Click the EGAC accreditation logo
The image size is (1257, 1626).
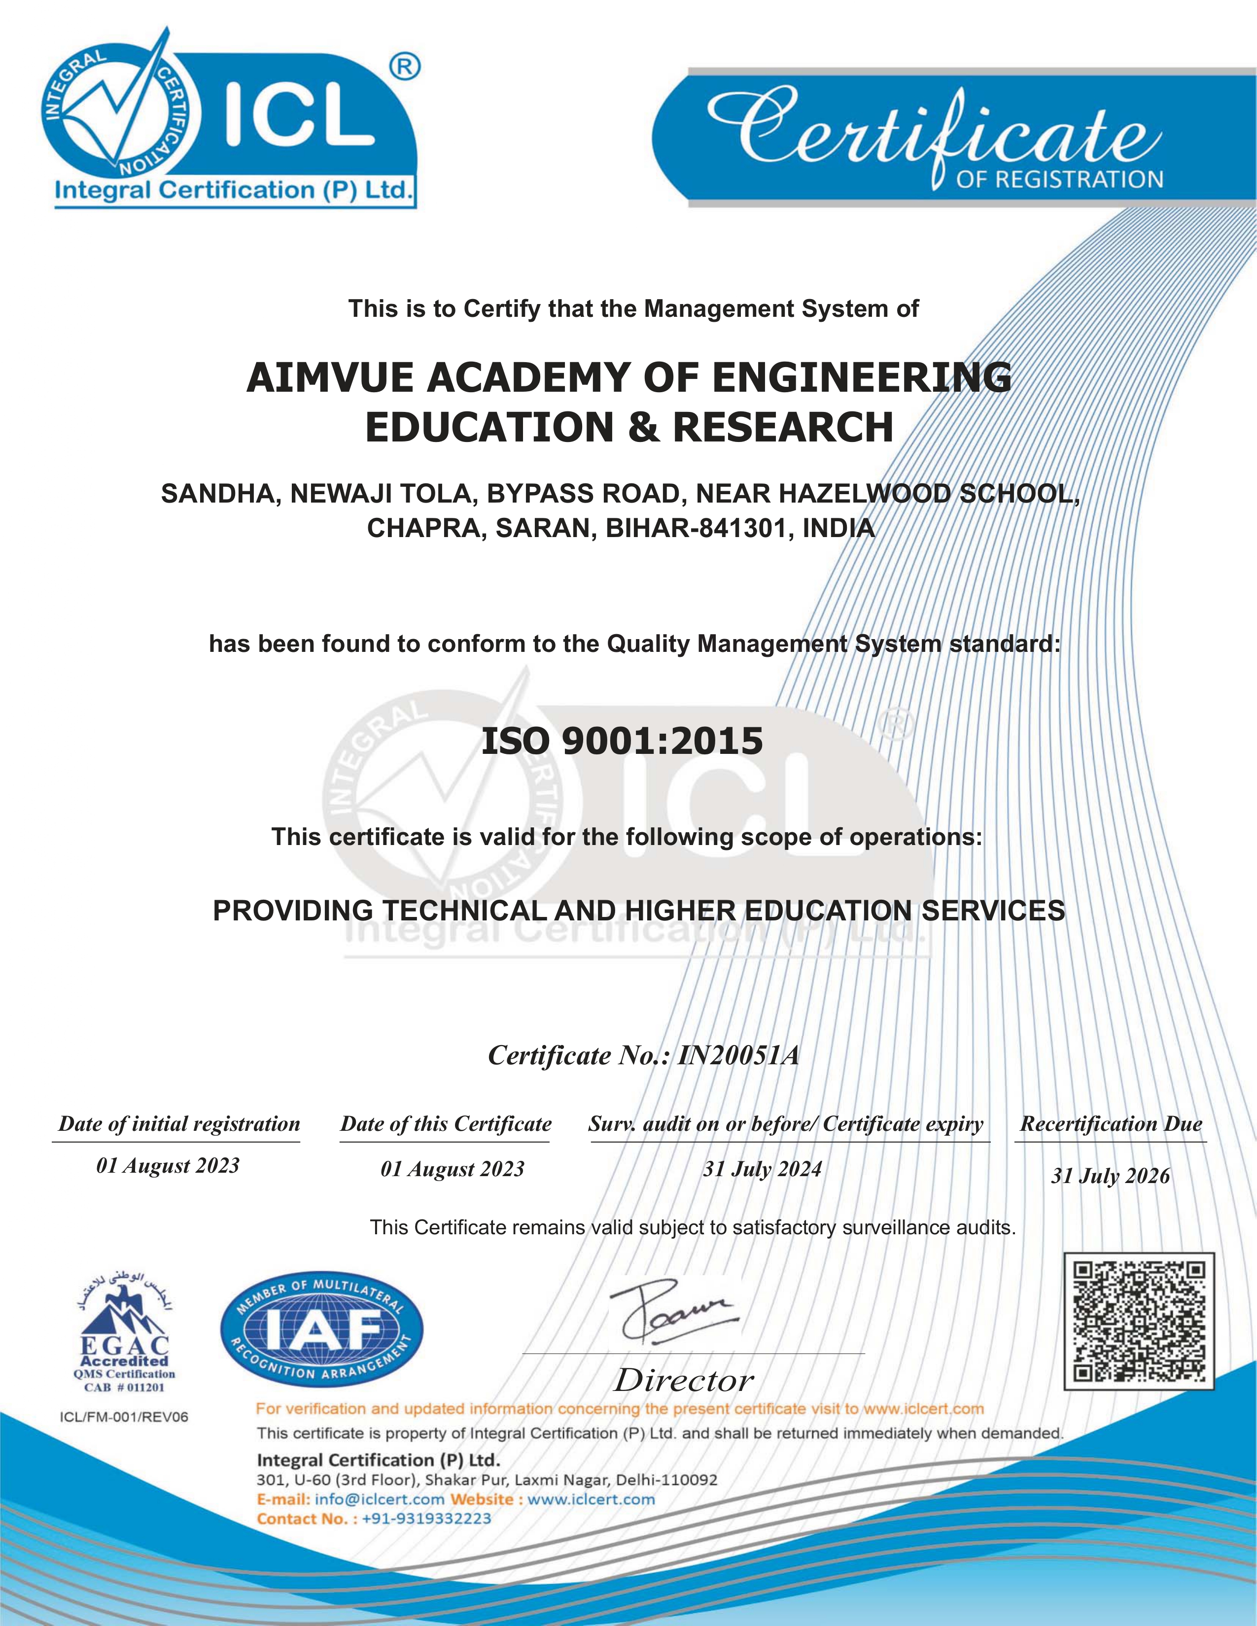[124, 1333]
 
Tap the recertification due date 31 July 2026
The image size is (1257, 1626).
[1110, 1176]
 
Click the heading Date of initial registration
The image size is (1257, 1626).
[179, 1124]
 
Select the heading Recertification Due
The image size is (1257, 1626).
[1111, 1124]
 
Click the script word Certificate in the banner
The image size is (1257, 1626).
[931, 130]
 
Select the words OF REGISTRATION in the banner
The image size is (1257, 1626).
[1059, 179]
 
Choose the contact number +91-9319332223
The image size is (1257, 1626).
[426, 1519]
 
